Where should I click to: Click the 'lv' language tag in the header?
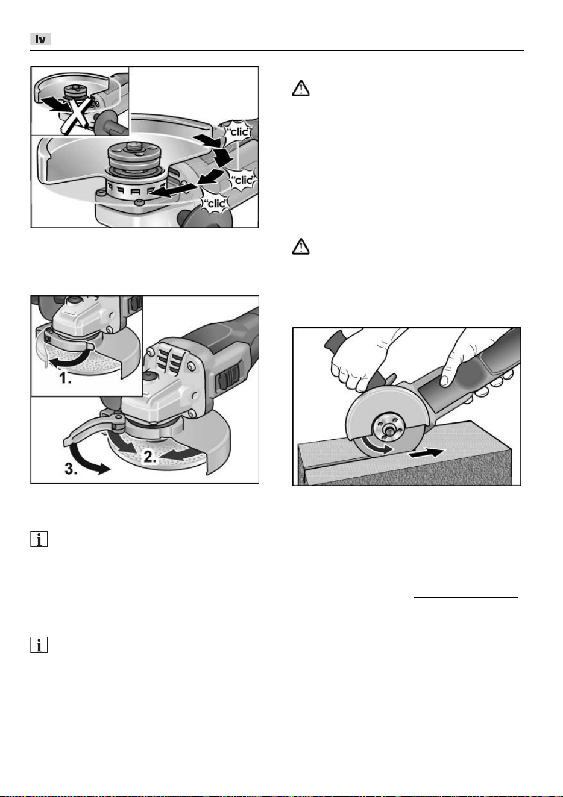40,39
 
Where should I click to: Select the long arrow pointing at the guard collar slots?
172,189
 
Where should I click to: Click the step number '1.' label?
65,378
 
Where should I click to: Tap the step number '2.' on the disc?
149,457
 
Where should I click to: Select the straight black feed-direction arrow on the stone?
427,453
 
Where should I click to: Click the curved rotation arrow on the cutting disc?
376,446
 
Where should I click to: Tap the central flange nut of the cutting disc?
387,428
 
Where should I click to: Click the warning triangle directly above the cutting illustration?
301,246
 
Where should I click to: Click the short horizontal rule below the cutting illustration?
466,597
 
